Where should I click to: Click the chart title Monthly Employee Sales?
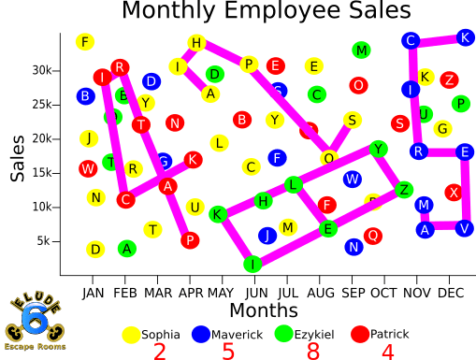[x=266, y=12]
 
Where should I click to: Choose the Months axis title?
[x=264, y=310]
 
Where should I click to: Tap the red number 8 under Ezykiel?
[x=312, y=352]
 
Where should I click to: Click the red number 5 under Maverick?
[x=228, y=352]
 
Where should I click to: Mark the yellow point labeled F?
[x=86, y=42]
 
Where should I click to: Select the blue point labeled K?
[x=465, y=37]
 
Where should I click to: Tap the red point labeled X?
[x=454, y=192]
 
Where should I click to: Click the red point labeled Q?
[x=373, y=235]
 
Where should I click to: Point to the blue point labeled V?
[x=465, y=227]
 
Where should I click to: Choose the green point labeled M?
[x=362, y=50]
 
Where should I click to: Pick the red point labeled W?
[x=87, y=169]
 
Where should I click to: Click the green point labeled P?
[x=460, y=104]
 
